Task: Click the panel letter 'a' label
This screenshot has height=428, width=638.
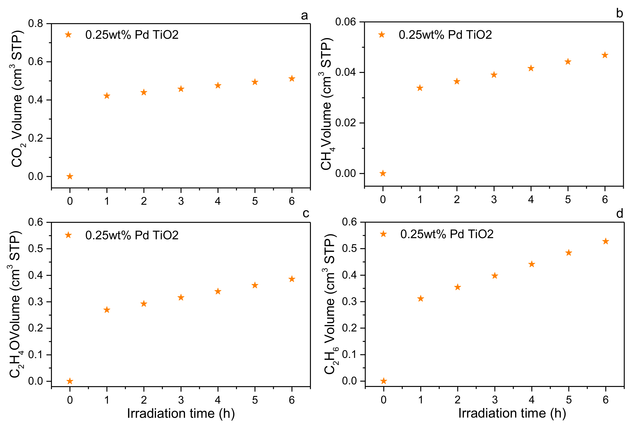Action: point(304,16)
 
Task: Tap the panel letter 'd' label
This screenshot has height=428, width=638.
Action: point(619,214)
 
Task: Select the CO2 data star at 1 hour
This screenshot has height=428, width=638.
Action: point(107,96)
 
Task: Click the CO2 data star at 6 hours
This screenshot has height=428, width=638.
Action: point(292,79)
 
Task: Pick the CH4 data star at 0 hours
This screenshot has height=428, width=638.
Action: point(383,173)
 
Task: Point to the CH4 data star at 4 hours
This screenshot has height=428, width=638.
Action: point(531,68)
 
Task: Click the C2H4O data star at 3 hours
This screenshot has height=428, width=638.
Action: point(181,297)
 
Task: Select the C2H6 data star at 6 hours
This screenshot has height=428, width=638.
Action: point(606,241)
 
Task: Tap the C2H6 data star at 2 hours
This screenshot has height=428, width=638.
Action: point(457,287)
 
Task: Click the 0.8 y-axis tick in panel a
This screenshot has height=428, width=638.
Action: point(35,23)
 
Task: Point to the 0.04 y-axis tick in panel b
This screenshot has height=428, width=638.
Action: point(345,72)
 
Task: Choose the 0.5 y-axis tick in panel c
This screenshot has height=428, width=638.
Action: point(35,249)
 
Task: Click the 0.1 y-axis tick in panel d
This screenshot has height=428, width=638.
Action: point(349,355)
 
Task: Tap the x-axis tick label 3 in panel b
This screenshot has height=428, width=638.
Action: point(494,200)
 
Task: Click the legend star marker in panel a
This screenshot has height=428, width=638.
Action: point(68,35)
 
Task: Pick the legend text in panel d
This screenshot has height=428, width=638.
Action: point(447,234)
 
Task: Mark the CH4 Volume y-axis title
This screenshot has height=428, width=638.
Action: point(326,104)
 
